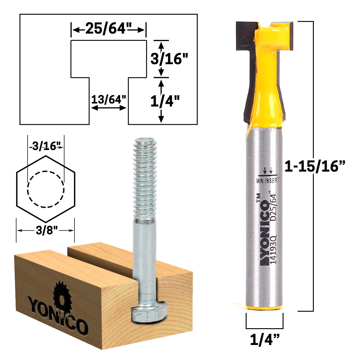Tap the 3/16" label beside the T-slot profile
tap(170, 59)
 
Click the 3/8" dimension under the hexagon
tap(45, 230)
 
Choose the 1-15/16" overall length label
tap(315, 166)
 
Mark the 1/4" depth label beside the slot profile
tap(165, 102)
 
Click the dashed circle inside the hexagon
tap(46, 189)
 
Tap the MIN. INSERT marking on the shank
tap(268, 181)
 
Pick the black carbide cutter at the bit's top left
tap(244, 36)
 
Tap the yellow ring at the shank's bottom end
tap(264, 308)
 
